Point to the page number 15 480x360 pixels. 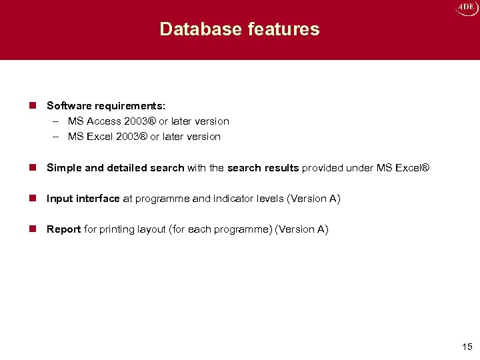point(466,347)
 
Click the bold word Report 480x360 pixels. point(63,229)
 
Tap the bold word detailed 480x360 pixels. point(127,168)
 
